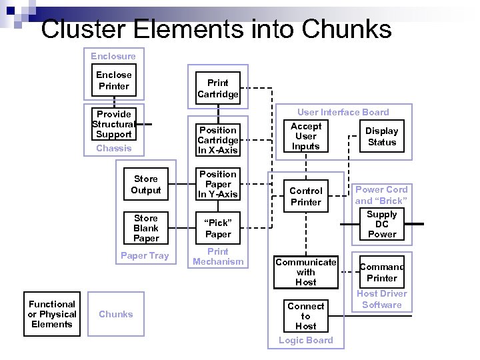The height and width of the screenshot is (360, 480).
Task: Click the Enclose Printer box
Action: [x=114, y=81]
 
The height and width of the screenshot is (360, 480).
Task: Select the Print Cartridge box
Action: [x=217, y=88]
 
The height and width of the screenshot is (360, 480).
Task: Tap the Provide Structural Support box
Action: [x=113, y=124]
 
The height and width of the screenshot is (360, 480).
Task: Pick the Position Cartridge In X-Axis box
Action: [x=217, y=140]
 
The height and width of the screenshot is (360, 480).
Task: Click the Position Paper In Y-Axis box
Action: [x=217, y=184]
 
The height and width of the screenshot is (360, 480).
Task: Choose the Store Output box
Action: [x=146, y=185]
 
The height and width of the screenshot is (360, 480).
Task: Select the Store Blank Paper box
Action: [x=146, y=228]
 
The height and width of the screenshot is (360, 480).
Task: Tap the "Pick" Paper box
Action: [x=217, y=229]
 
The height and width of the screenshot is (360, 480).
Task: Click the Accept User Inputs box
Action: [x=306, y=136]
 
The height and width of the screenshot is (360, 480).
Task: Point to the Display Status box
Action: [x=382, y=137]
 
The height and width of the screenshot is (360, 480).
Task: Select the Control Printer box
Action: [x=306, y=196]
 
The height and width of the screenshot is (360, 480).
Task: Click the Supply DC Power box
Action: [x=382, y=224]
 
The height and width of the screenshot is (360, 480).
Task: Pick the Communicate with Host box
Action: [x=306, y=272]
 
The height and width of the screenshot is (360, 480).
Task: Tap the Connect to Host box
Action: [x=306, y=316]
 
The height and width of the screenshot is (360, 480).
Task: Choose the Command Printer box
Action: [x=382, y=273]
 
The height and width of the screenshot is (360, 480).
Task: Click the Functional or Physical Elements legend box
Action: [x=52, y=314]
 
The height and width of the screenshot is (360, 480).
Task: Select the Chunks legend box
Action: [x=116, y=314]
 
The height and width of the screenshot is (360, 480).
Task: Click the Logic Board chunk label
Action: [x=306, y=340]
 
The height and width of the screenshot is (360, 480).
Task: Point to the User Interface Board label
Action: [x=343, y=112]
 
